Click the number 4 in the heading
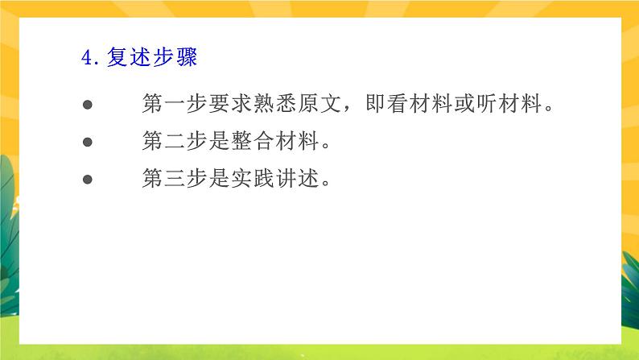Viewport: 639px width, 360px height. click(x=87, y=59)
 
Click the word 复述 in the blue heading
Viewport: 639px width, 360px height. click(x=128, y=59)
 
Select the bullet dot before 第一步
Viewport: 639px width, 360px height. click(x=89, y=106)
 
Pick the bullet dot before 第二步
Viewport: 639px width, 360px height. click(x=89, y=143)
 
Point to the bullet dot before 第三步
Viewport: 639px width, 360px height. click(x=89, y=180)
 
